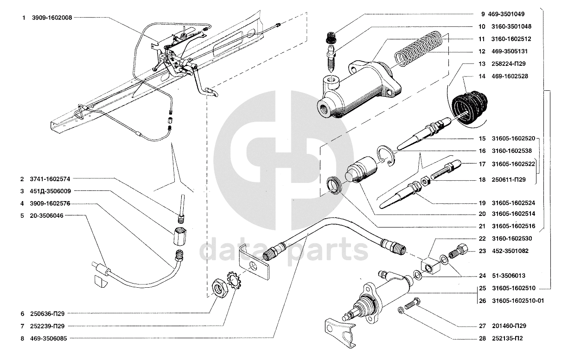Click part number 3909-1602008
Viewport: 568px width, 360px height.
[x=52, y=18]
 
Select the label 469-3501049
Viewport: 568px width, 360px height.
[x=506, y=14]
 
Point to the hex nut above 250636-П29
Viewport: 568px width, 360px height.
[x=218, y=288]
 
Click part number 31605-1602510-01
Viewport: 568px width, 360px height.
[x=518, y=301]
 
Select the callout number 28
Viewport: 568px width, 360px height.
[x=482, y=339]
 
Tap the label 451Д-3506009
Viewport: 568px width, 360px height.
[x=50, y=191]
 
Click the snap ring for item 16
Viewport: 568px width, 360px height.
[x=385, y=155]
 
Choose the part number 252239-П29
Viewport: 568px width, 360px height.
[x=47, y=326]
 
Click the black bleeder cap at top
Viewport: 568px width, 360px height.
[x=331, y=38]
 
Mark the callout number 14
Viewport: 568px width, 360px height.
[x=482, y=76]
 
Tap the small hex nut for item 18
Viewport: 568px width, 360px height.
[x=425, y=182]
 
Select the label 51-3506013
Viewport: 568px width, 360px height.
[x=509, y=276]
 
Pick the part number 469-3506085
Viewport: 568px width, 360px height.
[x=48, y=339]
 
